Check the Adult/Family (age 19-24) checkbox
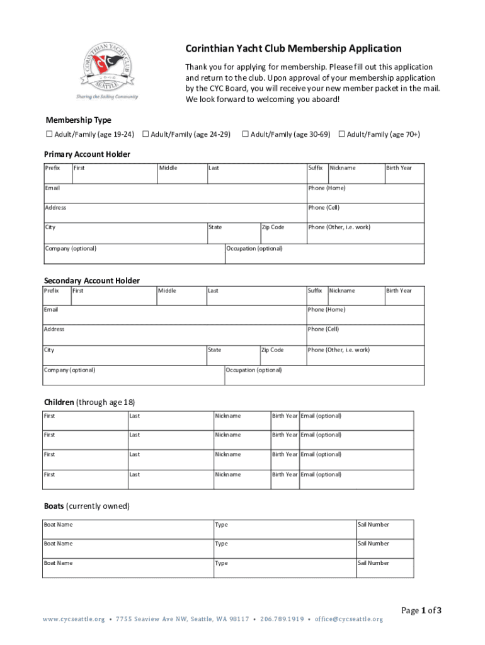[x=49, y=134]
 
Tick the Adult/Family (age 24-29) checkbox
[x=145, y=134]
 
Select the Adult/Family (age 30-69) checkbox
[x=246, y=134]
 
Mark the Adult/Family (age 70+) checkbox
[x=341, y=134]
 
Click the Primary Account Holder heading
[x=87, y=154]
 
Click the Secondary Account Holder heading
[x=91, y=280]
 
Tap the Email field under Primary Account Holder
[x=174, y=193]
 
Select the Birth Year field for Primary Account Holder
[x=404, y=174]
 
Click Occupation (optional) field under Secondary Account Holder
[x=324, y=377]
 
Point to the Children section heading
[x=89, y=402]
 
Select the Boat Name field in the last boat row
[x=128, y=569]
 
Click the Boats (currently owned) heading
[x=86, y=506]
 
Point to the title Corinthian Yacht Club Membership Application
[x=293, y=49]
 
